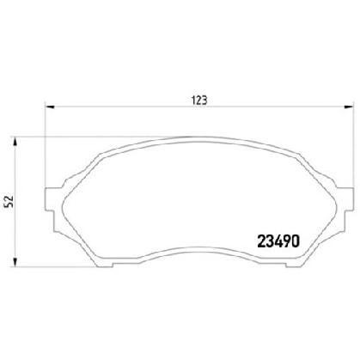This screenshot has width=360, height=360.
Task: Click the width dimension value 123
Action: point(198,101)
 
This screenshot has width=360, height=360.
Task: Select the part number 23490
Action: point(278,241)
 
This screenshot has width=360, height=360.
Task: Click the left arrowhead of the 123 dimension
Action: point(50,107)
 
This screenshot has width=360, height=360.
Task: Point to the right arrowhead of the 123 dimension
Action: point(348,107)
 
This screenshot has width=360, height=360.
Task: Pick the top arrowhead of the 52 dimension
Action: point(15,142)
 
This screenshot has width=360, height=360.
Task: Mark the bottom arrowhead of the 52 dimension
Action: point(15,263)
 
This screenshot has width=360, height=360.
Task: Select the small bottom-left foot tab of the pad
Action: point(105,265)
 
